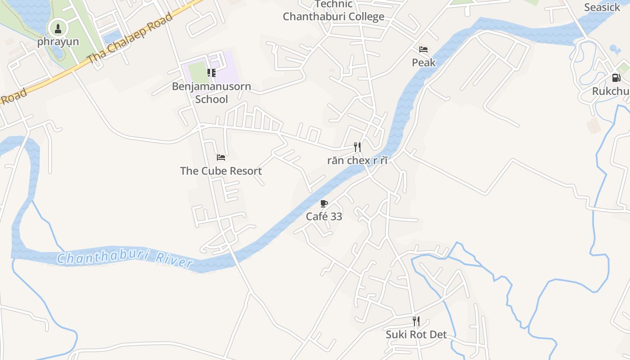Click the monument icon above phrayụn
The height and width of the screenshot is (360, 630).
[58, 29]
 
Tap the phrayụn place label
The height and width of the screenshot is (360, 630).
[58, 42]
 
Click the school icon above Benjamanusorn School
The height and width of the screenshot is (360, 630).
[211, 72]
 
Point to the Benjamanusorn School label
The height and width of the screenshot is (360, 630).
[211, 93]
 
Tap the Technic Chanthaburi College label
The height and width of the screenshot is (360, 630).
[333, 11]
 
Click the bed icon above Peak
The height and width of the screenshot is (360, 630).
[423, 49]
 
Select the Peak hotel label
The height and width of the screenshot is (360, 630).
[424, 63]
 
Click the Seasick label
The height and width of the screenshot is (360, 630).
[602, 7]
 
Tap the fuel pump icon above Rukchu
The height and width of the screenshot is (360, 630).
[616, 78]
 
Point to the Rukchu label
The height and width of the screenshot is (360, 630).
[611, 91]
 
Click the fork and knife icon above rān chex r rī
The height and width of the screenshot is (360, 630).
[357, 147]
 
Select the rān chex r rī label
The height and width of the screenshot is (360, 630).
[357, 161]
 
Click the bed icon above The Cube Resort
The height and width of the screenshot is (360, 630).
[221, 157]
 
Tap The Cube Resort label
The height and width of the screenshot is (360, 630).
[221, 171]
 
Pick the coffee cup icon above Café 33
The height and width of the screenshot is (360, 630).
[324, 203]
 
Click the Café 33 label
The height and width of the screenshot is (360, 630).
[324, 216]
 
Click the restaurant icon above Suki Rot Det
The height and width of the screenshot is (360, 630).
[416, 321]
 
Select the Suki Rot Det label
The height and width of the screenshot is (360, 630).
[416, 335]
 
